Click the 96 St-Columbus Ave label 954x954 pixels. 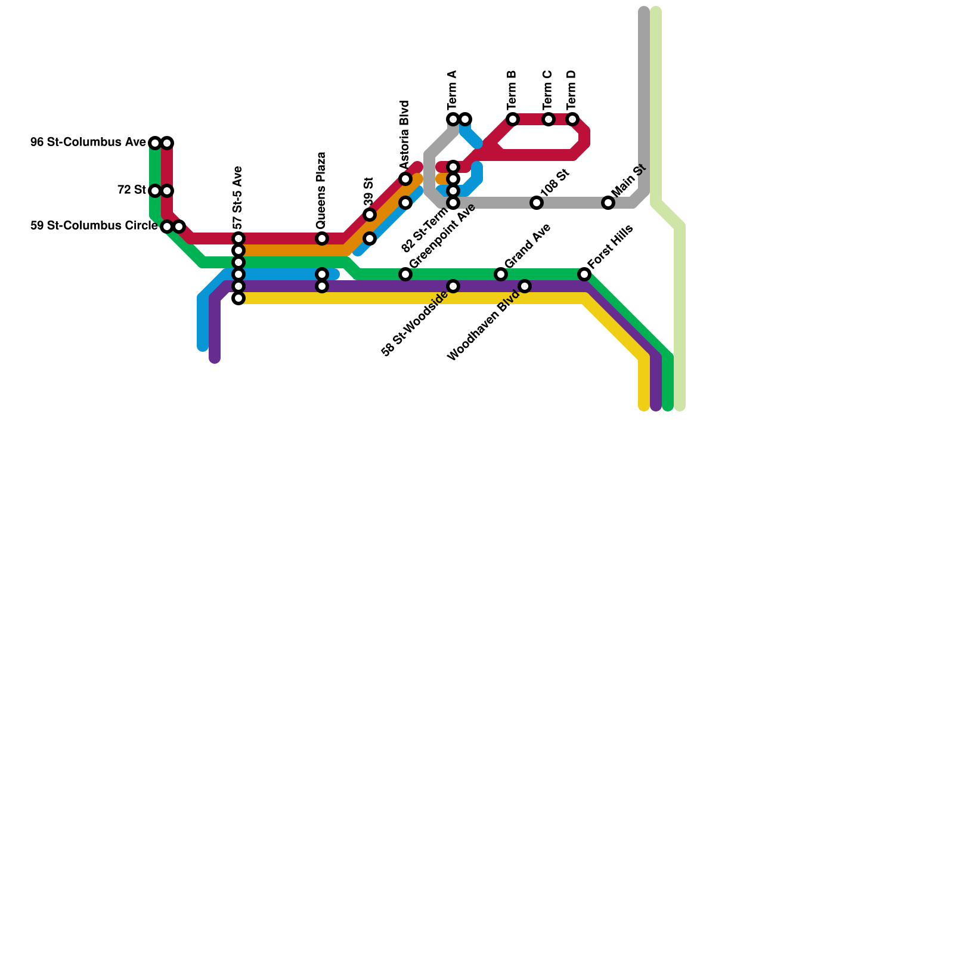88,143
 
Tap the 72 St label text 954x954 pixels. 131,190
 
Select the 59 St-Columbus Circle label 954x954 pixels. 94,226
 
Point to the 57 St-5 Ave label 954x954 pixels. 238,198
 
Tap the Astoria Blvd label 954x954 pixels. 405,135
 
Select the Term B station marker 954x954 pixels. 513,119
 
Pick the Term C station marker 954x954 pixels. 549,119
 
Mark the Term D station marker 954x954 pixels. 572,119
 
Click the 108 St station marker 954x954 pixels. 537,203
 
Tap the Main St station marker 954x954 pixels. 608,203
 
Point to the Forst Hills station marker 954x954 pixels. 584,274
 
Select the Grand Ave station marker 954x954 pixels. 501,274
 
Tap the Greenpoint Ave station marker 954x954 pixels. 405,274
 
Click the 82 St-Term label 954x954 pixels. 425,230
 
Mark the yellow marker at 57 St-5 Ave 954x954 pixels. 238,298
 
